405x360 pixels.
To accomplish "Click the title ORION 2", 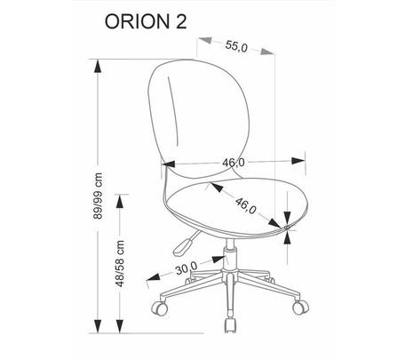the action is pos(146,22).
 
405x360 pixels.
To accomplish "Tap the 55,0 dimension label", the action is pos(236,46).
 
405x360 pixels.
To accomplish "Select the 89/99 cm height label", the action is pos(98,196).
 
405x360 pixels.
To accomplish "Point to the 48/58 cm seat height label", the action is pos(120,263).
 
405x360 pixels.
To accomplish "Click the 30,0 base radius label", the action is pos(187,268).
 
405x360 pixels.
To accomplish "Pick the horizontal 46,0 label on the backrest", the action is pos(234,163).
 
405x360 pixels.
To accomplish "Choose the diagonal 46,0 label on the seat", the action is pos(246,205).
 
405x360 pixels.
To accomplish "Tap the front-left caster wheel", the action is pos(159,308).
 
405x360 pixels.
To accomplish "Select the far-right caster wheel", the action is pos(300,307).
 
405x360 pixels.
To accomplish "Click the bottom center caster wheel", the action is pos(230,325).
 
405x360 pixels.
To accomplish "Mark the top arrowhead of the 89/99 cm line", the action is pos(98,66).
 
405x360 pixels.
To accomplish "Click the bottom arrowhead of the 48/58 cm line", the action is pos(120,326).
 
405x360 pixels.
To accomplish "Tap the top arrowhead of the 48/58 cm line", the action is pos(120,201).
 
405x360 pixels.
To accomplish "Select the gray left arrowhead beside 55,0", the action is pos(205,40).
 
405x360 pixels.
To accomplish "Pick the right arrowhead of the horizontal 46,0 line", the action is pos(298,161).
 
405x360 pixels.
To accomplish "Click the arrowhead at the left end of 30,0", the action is pos(154,277).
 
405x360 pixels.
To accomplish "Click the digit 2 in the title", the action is pos(181,22).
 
